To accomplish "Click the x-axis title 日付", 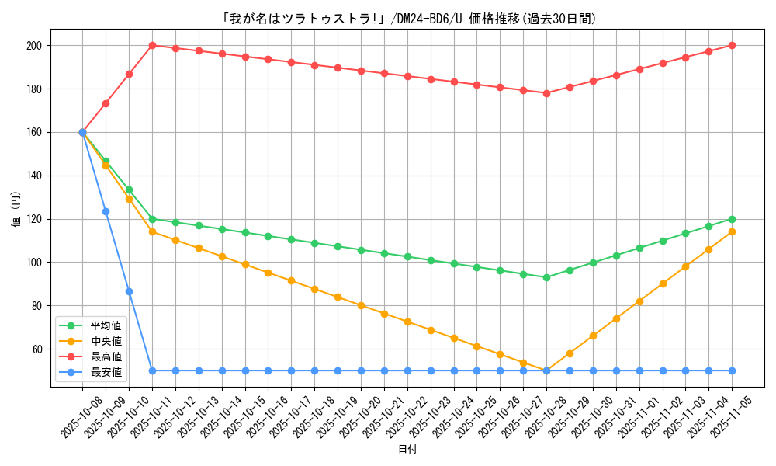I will [407, 450].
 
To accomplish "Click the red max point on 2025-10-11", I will [152, 46].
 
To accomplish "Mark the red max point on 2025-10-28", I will [546, 93].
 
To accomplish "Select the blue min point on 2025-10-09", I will [106, 211].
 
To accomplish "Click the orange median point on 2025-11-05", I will [732, 231].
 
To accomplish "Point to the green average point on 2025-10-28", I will [546, 277].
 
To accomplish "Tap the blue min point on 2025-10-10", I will [129, 291].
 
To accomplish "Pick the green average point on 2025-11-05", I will [732, 219].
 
